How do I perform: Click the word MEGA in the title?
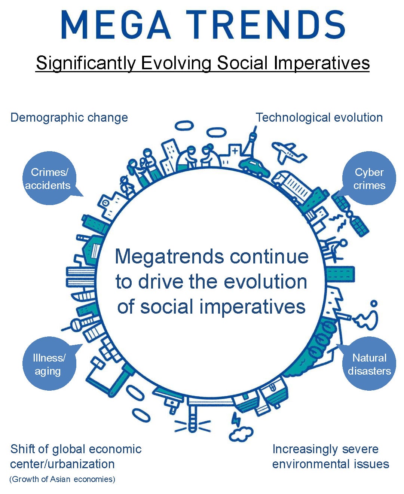point(116,25)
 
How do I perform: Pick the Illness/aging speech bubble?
point(50,363)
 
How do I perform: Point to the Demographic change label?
point(69,118)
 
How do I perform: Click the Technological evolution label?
point(319,118)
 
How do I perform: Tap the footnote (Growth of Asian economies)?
point(62,479)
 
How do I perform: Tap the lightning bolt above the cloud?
point(236,420)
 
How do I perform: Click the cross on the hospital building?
point(235,151)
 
